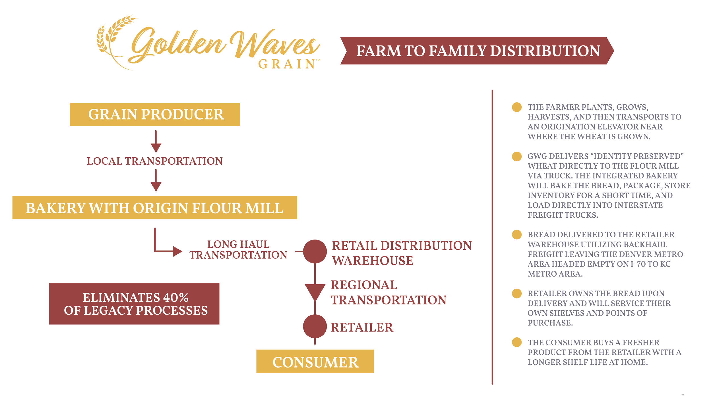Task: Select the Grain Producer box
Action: [x=155, y=114]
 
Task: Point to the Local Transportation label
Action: [x=155, y=161]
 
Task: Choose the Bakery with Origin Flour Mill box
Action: [x=155, y=207]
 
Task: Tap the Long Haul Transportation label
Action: [x=238, y=250]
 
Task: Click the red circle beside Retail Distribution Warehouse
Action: [x=315, y=251]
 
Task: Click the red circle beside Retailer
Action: [x=315, y=327]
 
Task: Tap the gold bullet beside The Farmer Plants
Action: [x=517, y=107]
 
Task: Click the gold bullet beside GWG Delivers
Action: [x=517, y=156]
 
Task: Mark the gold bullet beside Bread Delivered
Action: [x=517, y=235]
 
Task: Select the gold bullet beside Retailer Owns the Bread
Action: [x=517, y=293]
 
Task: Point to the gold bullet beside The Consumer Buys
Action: [x=517, y=342]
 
